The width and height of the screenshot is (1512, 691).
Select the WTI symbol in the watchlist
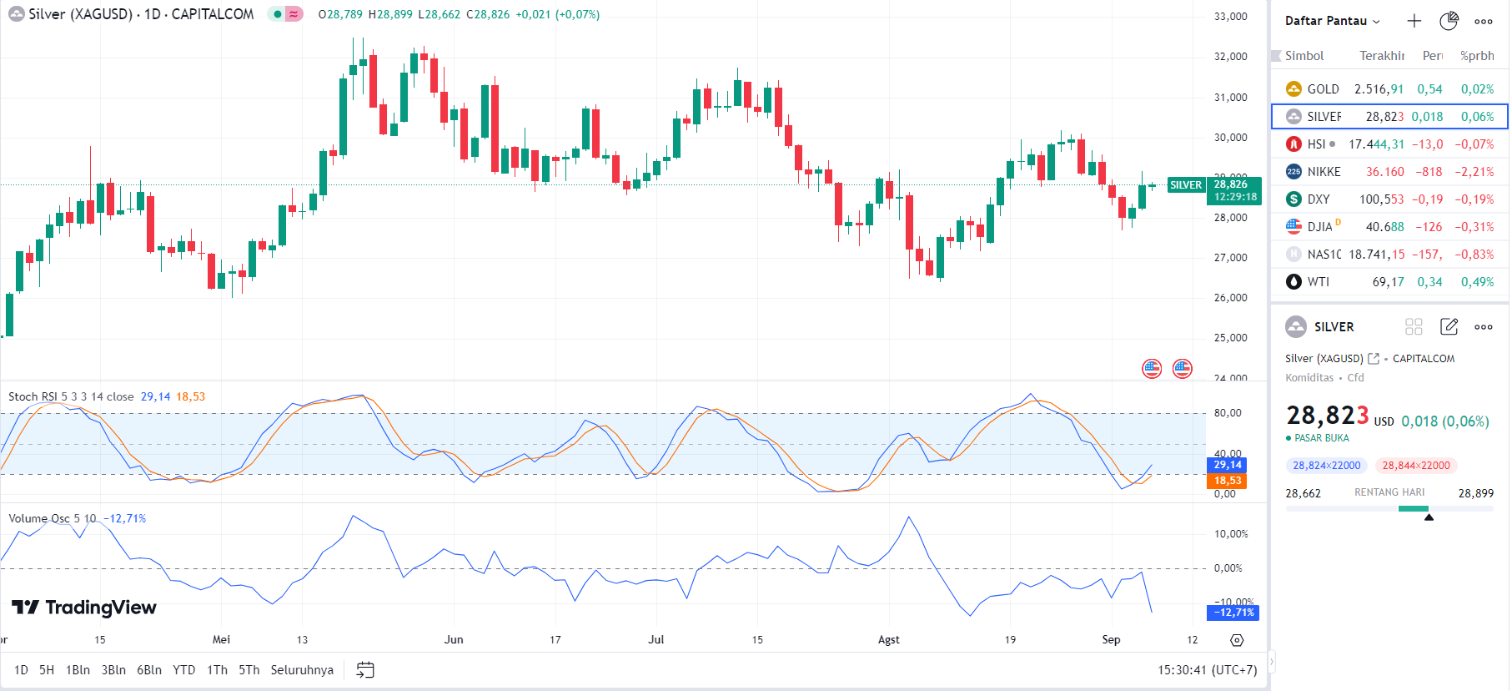coord(1318,282)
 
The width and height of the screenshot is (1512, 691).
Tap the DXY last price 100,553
coord(1381,199)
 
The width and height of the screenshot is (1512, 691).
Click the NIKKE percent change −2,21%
coord(1474,172)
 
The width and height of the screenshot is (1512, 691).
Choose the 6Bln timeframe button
coord(149,670)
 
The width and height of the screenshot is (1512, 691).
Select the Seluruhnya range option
coord(302,670)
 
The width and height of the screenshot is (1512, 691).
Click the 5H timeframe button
coord(47,670)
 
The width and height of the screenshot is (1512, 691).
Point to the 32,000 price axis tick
coord(1230,57)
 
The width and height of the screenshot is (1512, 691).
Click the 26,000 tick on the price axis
coord(1230,298)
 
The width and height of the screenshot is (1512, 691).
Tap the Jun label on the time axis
coord(454,640)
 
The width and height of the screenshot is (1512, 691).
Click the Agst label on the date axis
coord(888,640)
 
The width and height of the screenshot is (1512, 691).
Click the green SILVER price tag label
coord(1185,185)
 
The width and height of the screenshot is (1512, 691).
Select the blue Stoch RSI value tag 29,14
coord(1227,465)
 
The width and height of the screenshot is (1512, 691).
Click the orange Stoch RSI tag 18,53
coord(1227,481)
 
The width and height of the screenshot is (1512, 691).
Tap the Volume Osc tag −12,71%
coord(1233,613)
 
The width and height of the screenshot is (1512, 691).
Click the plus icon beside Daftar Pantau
coord(1414,21)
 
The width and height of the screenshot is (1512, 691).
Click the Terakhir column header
coord(1381,56)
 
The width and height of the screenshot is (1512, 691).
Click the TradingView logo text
coord(85,608)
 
